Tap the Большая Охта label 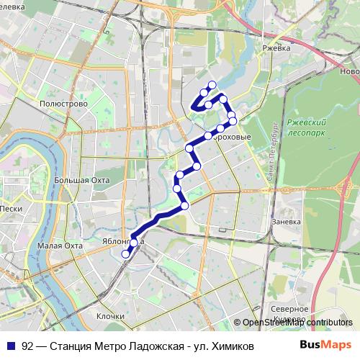click(81, 180)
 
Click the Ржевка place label click(276, 48)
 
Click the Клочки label click(110, 316)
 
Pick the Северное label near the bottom click(290, 309)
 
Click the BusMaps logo click(331, 346)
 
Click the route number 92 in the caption click(27, 346)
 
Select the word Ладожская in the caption click(143, 346)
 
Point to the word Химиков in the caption click(230, 346)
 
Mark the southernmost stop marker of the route click(125, 253)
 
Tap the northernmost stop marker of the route click(212, 85)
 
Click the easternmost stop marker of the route click(233, 121)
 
